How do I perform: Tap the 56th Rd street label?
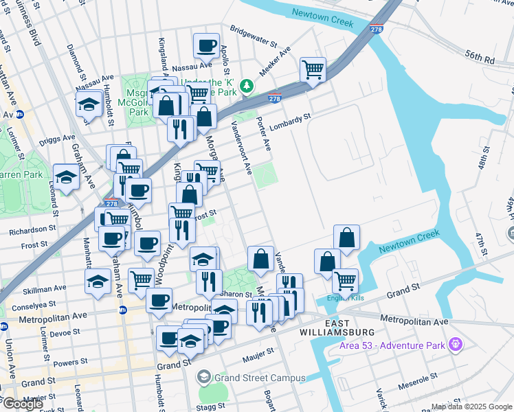click(479, 60)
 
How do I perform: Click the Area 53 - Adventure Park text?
click(390, 343)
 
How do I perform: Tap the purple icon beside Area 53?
click(454, 343)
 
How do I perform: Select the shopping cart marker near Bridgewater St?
click(313, 69)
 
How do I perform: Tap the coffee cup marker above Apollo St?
click(206, 46)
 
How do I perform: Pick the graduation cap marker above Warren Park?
click(66, 177)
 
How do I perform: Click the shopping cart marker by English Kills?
click(344, 279)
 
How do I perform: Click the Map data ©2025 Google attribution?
click(471, 407)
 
